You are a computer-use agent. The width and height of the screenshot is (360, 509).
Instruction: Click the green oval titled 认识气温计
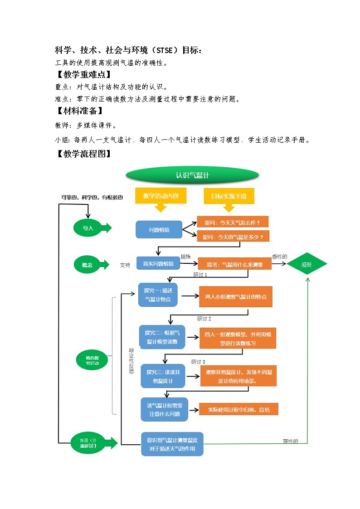(192, 175)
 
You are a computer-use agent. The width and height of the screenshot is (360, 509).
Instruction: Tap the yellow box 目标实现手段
(229, 196)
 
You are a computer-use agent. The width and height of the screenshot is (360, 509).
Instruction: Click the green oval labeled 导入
(88, 228)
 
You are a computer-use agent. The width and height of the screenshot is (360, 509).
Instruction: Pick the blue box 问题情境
(159, 230)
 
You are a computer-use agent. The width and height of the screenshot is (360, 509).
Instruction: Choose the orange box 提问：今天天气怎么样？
(233, 222)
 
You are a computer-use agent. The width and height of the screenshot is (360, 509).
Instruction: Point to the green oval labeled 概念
(87, 265)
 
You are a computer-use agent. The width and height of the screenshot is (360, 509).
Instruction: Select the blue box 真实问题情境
(158, 263)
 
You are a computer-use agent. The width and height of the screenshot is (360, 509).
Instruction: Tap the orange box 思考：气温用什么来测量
(234, 264)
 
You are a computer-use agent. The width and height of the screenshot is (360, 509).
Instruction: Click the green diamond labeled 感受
(306, 264)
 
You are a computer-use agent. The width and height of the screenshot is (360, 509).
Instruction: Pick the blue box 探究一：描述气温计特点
(158, 295)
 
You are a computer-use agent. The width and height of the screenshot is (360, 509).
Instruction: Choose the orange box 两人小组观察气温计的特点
(236, 297)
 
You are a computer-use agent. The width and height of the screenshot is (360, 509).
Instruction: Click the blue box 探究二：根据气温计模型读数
(162, 337)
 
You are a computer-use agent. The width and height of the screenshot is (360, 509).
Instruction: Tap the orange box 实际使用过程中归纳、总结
(238, 409)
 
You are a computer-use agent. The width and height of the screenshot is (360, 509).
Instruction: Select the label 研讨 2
(204, 319)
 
